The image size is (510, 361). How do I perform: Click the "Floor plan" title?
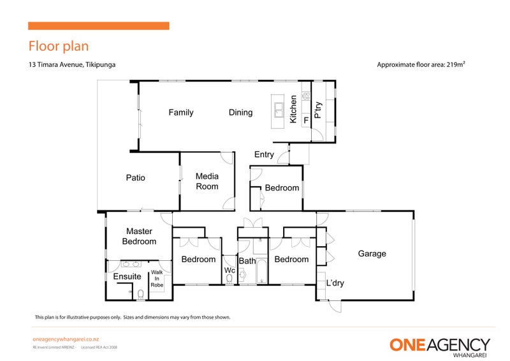pos(58,46)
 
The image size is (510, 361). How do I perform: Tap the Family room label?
pos(180,113)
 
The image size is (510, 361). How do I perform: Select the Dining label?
pos(240,113)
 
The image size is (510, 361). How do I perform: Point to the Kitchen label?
pos(293,110)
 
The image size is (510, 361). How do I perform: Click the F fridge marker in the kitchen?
pos(306,119)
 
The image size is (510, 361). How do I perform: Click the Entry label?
pos(264,154)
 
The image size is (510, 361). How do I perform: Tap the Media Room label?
pos(207,182)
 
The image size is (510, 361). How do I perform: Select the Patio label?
pos(135,178)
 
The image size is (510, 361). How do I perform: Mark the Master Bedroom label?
pos(139,237)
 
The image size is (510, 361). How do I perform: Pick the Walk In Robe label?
pos(157,279)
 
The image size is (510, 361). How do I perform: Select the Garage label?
pos(372,254)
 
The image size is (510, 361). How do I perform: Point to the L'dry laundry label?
pos(335,283)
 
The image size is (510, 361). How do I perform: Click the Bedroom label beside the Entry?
pos(282,188)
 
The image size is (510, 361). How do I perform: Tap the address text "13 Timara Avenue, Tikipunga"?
pos(71,64)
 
